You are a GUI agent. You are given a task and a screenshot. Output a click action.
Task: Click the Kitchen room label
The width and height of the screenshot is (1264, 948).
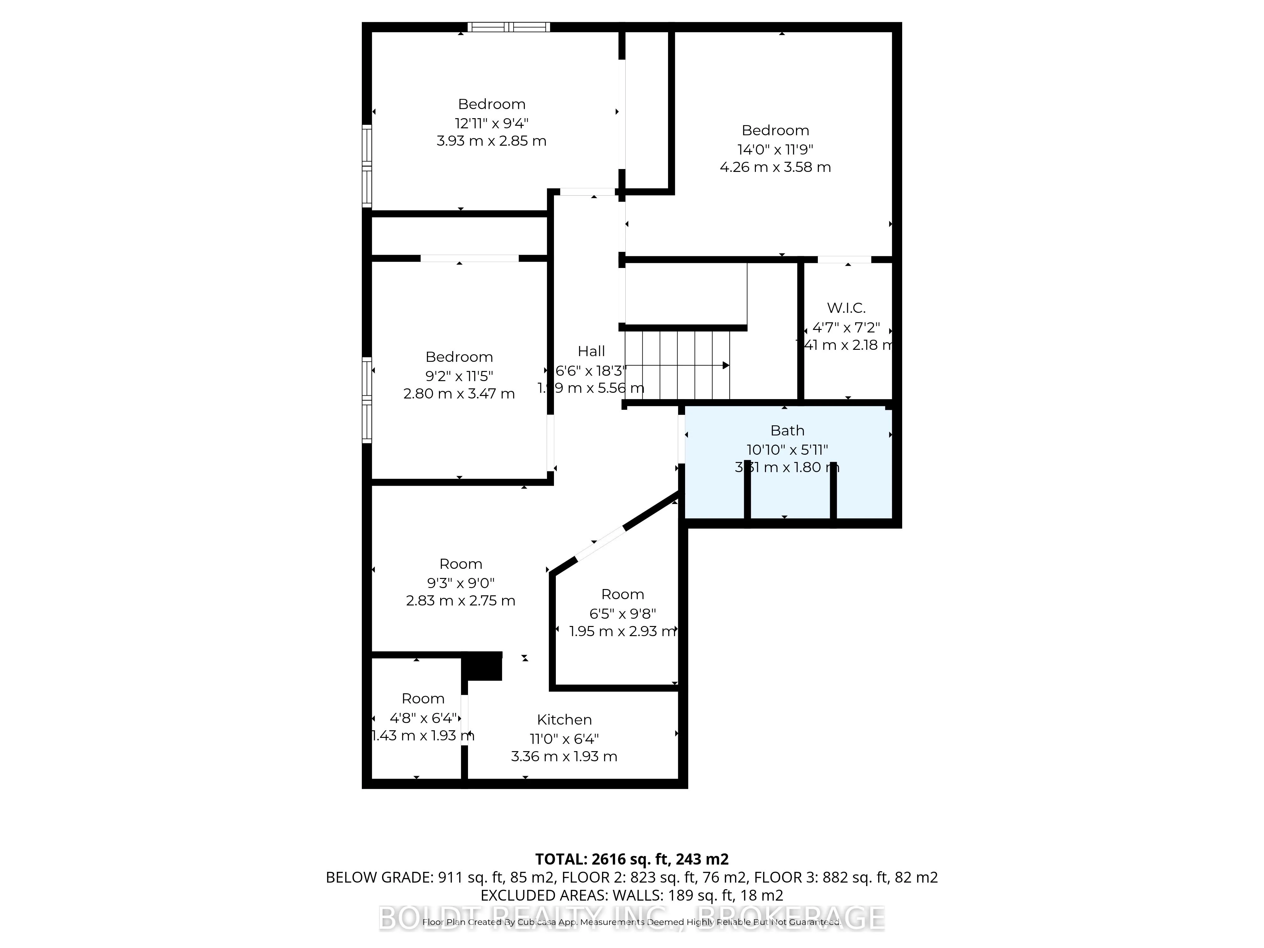click(564, 720)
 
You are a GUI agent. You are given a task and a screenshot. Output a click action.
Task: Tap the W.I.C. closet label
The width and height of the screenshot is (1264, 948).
click(846, 308)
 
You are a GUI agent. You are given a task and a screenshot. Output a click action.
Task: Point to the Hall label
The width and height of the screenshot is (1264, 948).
click(591, 351)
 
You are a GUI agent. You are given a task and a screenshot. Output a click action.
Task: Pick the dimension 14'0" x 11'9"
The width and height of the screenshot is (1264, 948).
click(775, 149)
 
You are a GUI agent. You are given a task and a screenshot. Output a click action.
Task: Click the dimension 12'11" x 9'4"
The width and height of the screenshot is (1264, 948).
click(491, 123)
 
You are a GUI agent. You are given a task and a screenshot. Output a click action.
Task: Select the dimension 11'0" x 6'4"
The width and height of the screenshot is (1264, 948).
click(564, 738)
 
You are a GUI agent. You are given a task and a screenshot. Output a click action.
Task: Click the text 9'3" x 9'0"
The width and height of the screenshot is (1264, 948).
click(461, 583)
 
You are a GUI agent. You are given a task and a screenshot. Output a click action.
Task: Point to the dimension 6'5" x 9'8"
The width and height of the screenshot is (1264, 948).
click(622, 613)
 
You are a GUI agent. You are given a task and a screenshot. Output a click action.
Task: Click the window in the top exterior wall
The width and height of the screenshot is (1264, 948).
click(508, 27)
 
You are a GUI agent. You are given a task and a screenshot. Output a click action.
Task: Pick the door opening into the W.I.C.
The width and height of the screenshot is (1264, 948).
click(844, 259)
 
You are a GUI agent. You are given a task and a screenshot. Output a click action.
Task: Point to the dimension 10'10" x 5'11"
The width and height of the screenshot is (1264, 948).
click(787, 450)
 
